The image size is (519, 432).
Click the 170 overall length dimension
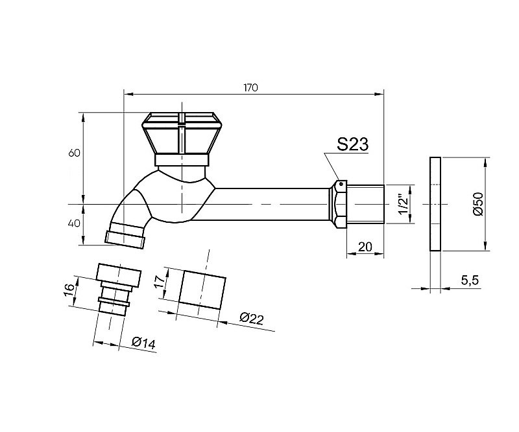pos(250,88)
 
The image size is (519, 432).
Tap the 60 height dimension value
pos(75,153)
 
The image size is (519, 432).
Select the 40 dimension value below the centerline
pos(74,223)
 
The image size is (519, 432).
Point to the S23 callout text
pos(353,144)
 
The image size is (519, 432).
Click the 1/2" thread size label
pos(404,205)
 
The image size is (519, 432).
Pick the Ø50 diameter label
pos(478,204)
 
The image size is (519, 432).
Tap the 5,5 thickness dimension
pos(470,280)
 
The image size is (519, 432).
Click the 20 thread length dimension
pos(365,247)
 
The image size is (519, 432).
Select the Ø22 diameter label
pos(252,318)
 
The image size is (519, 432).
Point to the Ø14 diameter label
pos(143,343)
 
